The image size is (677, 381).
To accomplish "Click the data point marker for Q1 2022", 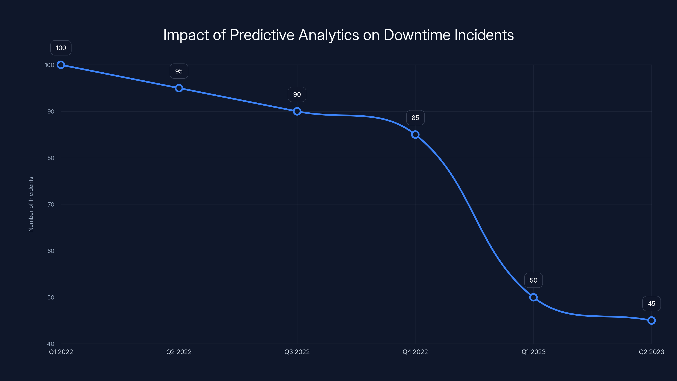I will tap(61, 65).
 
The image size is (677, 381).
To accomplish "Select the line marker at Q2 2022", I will tap(179, 88).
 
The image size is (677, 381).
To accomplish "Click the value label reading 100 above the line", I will tap(61, 48).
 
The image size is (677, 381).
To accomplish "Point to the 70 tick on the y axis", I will tap(51, 204).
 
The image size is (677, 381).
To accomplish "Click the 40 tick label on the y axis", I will tap(51, 344).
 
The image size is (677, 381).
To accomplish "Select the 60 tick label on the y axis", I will tap(51, 251).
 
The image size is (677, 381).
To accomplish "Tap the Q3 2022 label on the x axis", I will tap(297, 352).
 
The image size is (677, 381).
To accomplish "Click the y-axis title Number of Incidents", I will tap(31, 204).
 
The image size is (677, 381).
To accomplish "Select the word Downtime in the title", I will tap(417, 35).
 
